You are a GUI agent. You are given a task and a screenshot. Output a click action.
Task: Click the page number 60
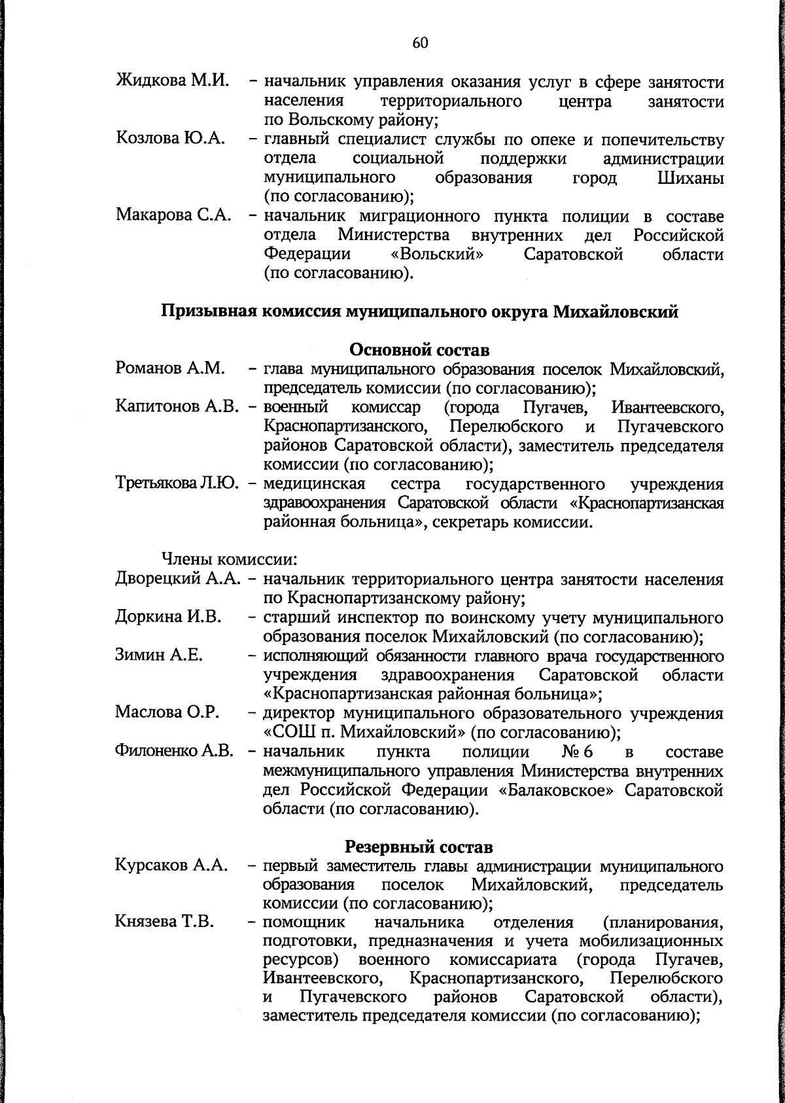(x=420, y=44)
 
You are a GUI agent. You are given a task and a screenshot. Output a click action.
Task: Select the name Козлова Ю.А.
(x=171, y=139)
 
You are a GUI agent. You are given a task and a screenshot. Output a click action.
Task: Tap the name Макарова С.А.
(x=174, y=215)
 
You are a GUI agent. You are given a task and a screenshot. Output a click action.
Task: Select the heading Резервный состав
(x=419, y=847)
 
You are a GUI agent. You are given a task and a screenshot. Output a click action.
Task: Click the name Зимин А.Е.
(x=158, y=656)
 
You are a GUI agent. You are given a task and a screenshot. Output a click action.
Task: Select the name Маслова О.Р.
(x=166, y=712)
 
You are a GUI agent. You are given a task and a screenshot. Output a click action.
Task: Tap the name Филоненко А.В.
(x=175, y=751)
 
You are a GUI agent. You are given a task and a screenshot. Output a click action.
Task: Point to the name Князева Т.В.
(x=166, y=922)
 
